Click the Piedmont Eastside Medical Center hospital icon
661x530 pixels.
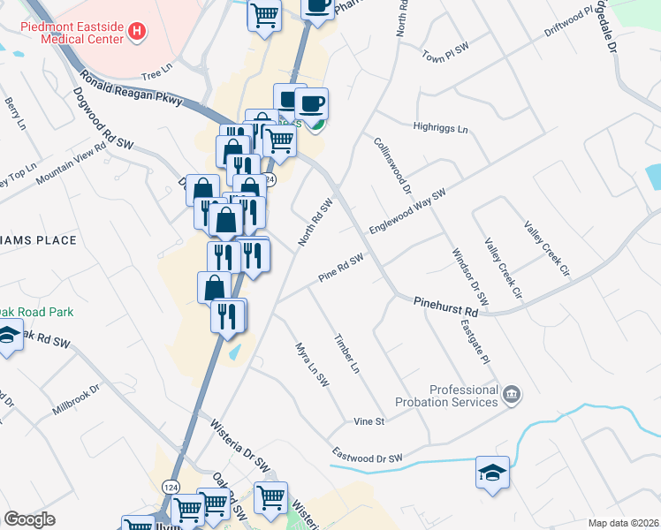pyautogui.click(x=136, y=33)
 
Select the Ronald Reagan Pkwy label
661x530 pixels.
pyautogui.click(x=130, y=89)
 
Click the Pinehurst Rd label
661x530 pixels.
pyautogui.click(x=445, y=307)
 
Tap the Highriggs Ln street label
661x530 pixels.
pyautogui.click(x=440, y=128)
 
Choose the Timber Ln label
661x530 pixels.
pyautogui.click(x=346, y=352)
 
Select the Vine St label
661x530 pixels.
pyautogui.click(x=368, y=421)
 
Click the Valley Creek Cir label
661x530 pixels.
pyautogui.click(x=543, y=244)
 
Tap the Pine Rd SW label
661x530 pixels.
pyautogui.click(x=341, y=269)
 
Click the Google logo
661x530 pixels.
pyautogui.click(x=29, y=519)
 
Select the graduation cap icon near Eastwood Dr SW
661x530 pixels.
pyautogui.click(x=492, y=472)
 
